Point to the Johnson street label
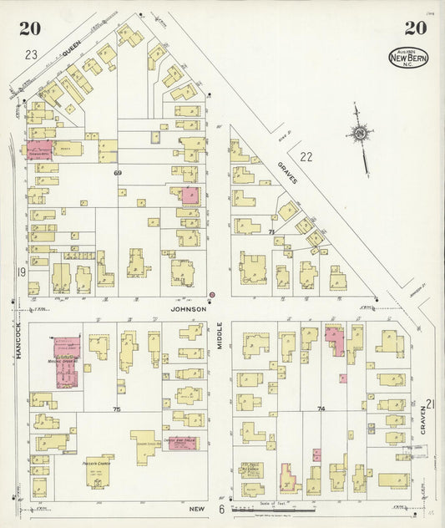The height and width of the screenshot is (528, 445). tap(188, 308)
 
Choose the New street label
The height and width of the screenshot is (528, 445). tap(197, 508)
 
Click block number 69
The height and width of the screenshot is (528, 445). tap(118, 171)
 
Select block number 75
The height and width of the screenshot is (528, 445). tap(116, 409)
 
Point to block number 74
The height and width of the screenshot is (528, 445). tap(321, 409)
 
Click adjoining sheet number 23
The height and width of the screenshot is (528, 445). tap(31, 55)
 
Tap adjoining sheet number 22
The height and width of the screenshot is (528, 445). tap(306, 156)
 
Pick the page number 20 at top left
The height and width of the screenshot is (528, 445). tap(30, 28)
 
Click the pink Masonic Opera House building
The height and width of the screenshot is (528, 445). tap(66, 360)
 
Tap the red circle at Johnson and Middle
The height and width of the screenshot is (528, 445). tap(211, 294)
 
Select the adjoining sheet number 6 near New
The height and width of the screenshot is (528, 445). tap(221, 509)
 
